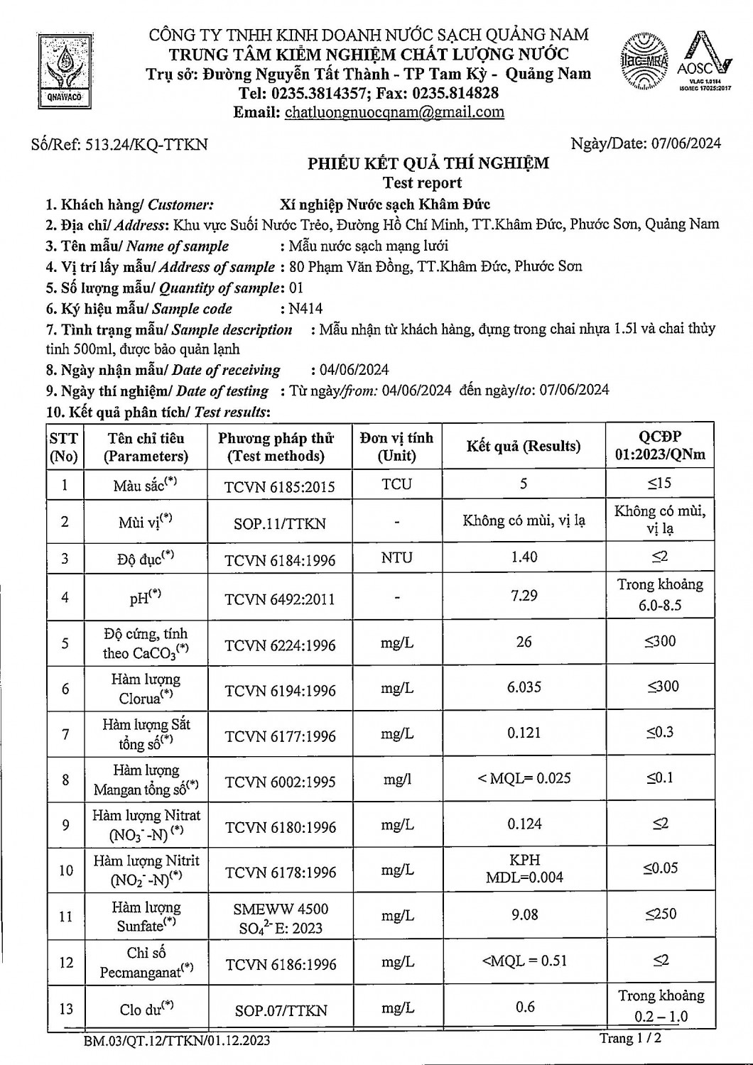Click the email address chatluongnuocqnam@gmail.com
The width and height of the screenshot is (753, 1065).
coord(394,112)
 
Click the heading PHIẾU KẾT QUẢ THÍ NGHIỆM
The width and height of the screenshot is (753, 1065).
coord(428,164)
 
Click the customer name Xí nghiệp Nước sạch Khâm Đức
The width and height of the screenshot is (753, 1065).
coord(385,204)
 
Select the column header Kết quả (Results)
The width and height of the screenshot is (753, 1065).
coord(524,447)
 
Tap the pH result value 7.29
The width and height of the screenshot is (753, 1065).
coord(524,595)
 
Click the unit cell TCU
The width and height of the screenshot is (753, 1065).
coord(396,484)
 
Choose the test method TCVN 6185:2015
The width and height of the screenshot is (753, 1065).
coord(280,486)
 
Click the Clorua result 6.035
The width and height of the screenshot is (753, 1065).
coord(524,687)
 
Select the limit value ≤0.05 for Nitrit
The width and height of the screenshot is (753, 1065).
coord(661,868)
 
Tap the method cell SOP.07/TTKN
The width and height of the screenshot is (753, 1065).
coord(281,1010)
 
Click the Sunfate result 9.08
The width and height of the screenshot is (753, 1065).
coord(524,914)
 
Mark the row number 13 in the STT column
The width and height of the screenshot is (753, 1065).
coord(65,1009)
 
